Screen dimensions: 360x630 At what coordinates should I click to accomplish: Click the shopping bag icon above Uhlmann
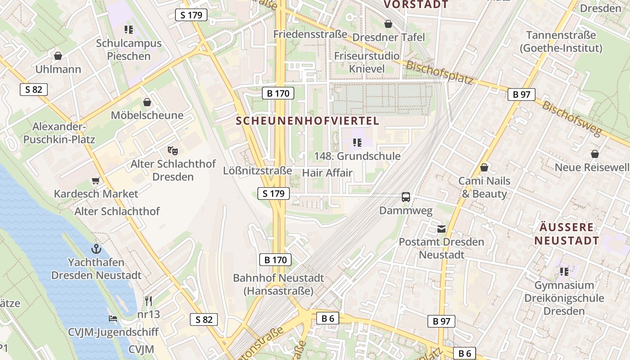(58, 56)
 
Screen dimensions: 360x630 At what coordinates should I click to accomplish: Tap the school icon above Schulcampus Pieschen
(129, 30)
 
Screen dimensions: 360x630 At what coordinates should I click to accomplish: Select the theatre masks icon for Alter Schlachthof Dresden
(172, 150)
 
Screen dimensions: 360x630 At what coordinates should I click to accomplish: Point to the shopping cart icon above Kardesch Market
(95, 180)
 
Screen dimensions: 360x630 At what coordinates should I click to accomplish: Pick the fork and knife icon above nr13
(148, 301)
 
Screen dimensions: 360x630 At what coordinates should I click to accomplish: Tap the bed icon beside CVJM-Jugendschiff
(113, 319)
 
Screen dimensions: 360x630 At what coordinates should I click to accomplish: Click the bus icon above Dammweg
(406, 197)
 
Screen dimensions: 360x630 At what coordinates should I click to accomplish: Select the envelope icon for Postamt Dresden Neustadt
(441, 229)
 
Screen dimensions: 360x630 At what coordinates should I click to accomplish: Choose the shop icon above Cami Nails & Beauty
(484, 168)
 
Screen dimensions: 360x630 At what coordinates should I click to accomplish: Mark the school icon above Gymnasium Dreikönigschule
(564, 272)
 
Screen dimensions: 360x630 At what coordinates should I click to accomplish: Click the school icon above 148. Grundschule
(357, 143)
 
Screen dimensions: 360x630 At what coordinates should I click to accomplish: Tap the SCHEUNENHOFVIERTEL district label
(308, 121)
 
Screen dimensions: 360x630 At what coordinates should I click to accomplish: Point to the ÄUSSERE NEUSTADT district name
(567, 234)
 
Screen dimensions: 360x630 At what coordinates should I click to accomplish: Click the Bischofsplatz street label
(439, 72)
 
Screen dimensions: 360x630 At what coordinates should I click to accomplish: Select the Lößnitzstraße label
(257, 171)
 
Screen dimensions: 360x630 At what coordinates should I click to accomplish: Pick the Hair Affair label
(327, 173)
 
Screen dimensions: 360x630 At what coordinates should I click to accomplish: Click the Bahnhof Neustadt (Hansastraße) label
(278, 284)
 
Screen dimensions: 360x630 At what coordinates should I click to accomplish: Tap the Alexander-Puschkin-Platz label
(59, 133)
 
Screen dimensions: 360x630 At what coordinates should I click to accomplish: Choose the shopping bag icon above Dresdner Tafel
(388, 24)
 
